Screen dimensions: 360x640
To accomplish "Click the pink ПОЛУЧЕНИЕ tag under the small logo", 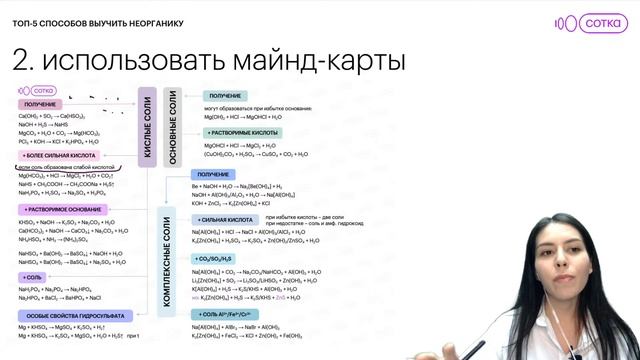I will point(40,104).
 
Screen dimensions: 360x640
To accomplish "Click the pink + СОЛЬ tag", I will point(33,276).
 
